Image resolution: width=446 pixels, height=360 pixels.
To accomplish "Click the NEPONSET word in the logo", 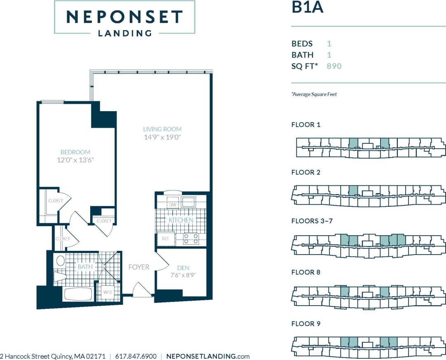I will (124, 17).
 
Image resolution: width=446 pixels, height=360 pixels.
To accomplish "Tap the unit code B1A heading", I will (307, 8).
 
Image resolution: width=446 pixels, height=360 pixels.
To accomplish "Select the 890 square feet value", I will (334, 66).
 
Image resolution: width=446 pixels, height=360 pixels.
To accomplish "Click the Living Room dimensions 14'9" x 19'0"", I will (162, 137).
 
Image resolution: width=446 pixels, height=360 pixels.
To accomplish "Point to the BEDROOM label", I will (75, 152).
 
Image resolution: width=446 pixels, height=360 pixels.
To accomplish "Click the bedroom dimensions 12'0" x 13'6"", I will (75, 160).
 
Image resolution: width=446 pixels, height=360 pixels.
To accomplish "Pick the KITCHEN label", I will (181, 220).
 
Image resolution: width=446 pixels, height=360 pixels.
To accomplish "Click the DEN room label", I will (183, 268).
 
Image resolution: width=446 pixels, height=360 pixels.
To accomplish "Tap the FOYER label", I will (139, 267).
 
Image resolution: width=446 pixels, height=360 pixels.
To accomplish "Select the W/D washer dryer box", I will (107, 292).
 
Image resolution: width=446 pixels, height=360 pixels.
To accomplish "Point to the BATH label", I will (85, 266).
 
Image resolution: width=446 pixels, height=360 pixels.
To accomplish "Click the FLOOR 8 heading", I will (306, 272).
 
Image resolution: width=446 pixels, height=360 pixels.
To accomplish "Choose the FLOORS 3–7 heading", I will (312, 221).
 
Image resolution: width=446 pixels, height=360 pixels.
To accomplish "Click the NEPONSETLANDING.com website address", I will (208, 356).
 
